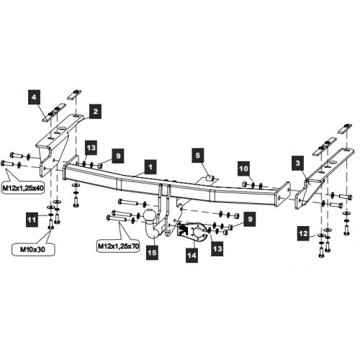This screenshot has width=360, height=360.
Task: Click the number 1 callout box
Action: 150,167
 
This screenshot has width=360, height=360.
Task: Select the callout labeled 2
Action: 95,111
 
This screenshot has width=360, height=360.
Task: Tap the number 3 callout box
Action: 297,163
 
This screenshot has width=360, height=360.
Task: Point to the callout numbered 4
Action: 34,97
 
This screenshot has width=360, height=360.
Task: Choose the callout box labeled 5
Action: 197,156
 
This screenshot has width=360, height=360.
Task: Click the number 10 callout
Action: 243,168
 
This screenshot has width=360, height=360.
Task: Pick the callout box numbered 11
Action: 32,220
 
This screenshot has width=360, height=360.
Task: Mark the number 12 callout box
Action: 303,233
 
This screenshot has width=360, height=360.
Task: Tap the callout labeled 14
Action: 192,255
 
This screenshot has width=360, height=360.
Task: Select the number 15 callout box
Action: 152,253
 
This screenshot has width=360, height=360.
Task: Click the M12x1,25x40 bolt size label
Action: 23,188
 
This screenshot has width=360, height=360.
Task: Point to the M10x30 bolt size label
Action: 32,250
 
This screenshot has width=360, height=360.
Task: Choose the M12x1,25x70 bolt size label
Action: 119,246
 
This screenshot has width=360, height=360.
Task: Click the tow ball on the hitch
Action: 149,215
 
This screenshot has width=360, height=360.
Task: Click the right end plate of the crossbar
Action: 284,194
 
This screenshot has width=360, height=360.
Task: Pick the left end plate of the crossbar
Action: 71,168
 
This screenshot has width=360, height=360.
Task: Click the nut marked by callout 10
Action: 245,184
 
